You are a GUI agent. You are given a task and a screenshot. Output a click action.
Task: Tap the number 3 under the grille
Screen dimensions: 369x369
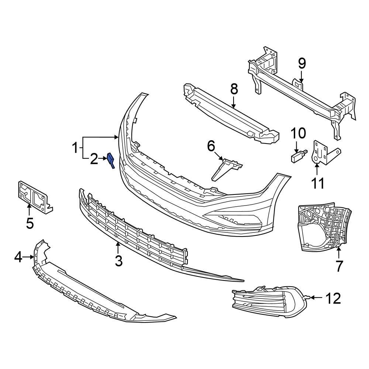coord(118,261)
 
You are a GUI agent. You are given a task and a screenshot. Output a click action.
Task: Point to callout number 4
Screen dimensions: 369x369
coord(18,257)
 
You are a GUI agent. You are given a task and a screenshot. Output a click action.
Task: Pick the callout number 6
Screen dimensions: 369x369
coord(211,146)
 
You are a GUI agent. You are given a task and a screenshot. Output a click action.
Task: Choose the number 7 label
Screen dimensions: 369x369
coord(339,265)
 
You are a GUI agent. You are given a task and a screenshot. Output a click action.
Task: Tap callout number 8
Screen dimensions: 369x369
coord(234,89)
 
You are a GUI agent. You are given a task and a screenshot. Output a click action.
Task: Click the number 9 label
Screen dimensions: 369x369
coord(302,64)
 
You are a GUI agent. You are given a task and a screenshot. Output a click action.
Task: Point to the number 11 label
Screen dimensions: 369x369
coord(318,183)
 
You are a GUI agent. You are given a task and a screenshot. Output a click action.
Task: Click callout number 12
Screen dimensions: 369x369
coord(333,298)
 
